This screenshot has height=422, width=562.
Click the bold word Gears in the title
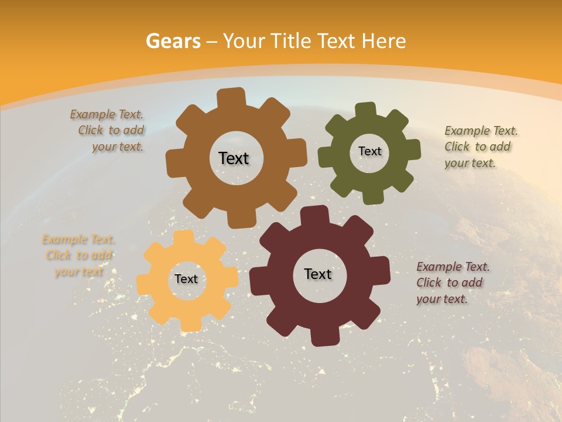click(x=173, y=41)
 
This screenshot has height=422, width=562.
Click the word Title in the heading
click(x=291, y=41)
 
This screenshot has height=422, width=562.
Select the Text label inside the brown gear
click(x=234, y=158)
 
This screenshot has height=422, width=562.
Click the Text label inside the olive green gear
click(x=369, y=151)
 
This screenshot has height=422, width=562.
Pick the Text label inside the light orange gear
click(x=186, y=280)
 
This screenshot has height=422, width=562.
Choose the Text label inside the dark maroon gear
click(x=318, y=274)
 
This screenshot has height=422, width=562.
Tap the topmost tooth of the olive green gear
click(x=366, y=110)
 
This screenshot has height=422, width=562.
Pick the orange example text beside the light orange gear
click(x=78, y=256)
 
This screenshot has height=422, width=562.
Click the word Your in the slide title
click(x=243, y=41)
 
